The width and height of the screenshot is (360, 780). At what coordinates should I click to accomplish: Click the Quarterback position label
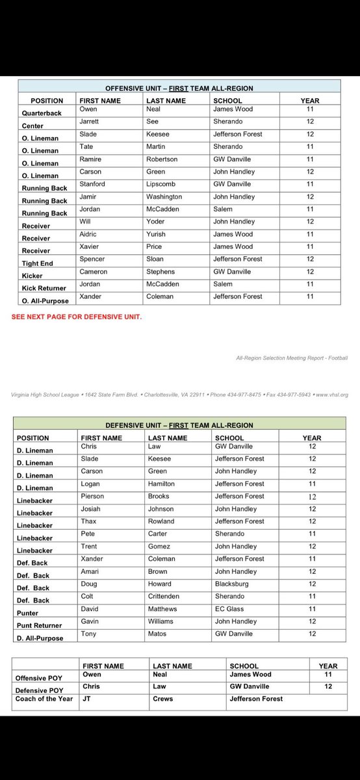click(x=40, y=113)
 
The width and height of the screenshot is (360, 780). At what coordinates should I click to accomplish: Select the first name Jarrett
click(x=90, y=122)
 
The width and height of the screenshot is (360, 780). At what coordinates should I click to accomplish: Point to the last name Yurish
click(x=156, y=234)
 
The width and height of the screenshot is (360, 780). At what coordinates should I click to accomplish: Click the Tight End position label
click(x=36, y=263)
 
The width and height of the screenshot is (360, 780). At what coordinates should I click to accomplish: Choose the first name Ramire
click(x=90, y=159)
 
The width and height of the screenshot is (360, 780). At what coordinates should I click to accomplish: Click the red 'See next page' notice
click(x=76, y=317)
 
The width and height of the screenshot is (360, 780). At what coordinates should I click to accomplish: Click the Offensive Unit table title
click(x=179, y=88)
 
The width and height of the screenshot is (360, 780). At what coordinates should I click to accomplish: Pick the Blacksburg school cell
click(x=234, y=584)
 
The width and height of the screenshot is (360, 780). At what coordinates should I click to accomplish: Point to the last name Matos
click(x=157, y=634)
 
